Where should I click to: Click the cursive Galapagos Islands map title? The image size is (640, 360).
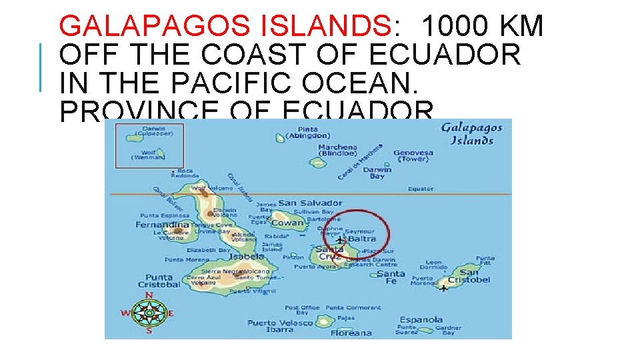(x=471, y=134)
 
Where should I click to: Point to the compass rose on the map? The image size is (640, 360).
(x=149, y=312)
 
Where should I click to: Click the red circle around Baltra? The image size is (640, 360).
(x=356, y=233)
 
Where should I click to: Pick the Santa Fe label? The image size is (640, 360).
(x=391, y=277)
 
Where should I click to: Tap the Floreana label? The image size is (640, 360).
(x=351, y=333)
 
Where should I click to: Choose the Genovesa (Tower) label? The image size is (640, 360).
(x=413, y=156)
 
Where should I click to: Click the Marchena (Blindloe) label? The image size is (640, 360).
(x=337, y=150)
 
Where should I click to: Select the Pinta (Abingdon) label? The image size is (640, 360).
(x=308, y=132)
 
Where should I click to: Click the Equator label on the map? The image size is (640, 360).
(x=421, y=189)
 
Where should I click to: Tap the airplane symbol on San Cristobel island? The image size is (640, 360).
(x=444, y=287)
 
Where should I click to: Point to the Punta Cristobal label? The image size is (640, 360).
(x=159, y=281)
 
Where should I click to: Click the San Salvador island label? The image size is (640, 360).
(x=310, y=203)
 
